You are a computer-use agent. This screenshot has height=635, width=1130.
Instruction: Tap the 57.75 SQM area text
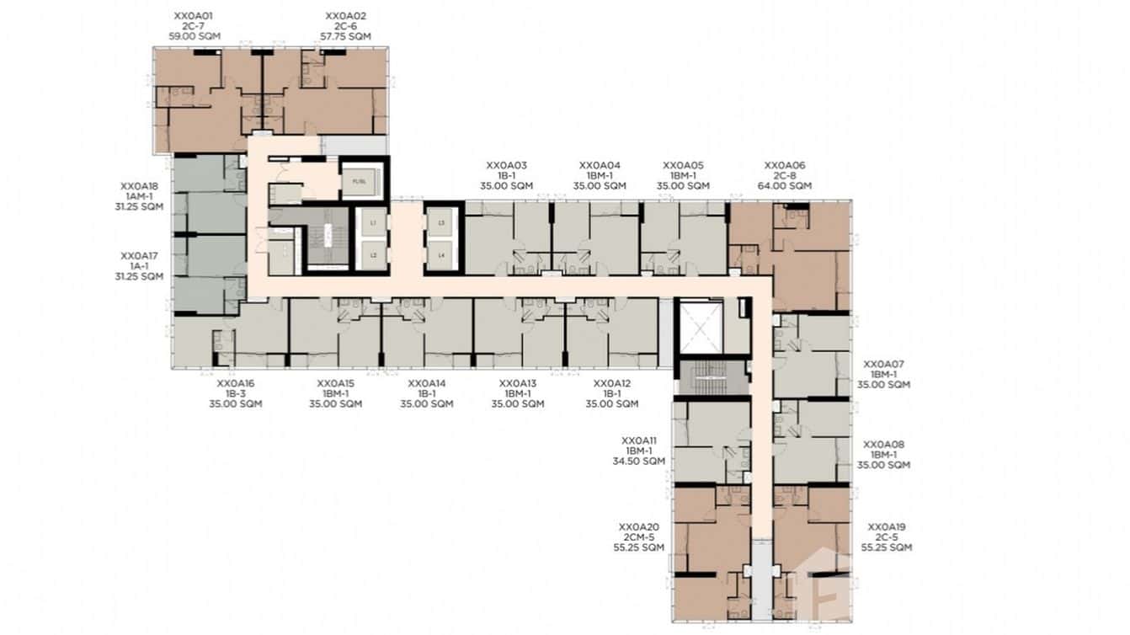click(x=345, y=37)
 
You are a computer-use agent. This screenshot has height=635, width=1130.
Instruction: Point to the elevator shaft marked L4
click(x=442, y=253)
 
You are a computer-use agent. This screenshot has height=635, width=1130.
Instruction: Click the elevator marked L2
click(x=371, y=253)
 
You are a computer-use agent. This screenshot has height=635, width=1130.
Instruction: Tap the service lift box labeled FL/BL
click(x=360, y=181)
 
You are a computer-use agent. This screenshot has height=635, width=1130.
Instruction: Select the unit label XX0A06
click(x=784, y=166)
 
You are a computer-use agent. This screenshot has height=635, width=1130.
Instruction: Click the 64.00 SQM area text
click(x=784, y=186)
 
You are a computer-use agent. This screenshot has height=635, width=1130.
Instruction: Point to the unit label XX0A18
click(x=139, y=186)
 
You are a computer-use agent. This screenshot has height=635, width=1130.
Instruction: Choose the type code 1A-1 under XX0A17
click(x=139, y=265)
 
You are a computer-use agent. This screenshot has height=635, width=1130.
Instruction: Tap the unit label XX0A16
click(x=235, y=383)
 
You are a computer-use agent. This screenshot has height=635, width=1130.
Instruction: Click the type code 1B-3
click(x=235, y=393)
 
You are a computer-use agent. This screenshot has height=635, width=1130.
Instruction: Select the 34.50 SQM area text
click(x=638, y=461)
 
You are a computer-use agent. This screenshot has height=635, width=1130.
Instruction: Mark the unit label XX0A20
click(x=638, y=526)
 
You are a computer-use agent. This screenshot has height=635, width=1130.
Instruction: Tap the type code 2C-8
click(x=784, y=176)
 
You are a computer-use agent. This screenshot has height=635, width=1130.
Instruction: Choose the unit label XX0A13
click(x=517, y=383)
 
